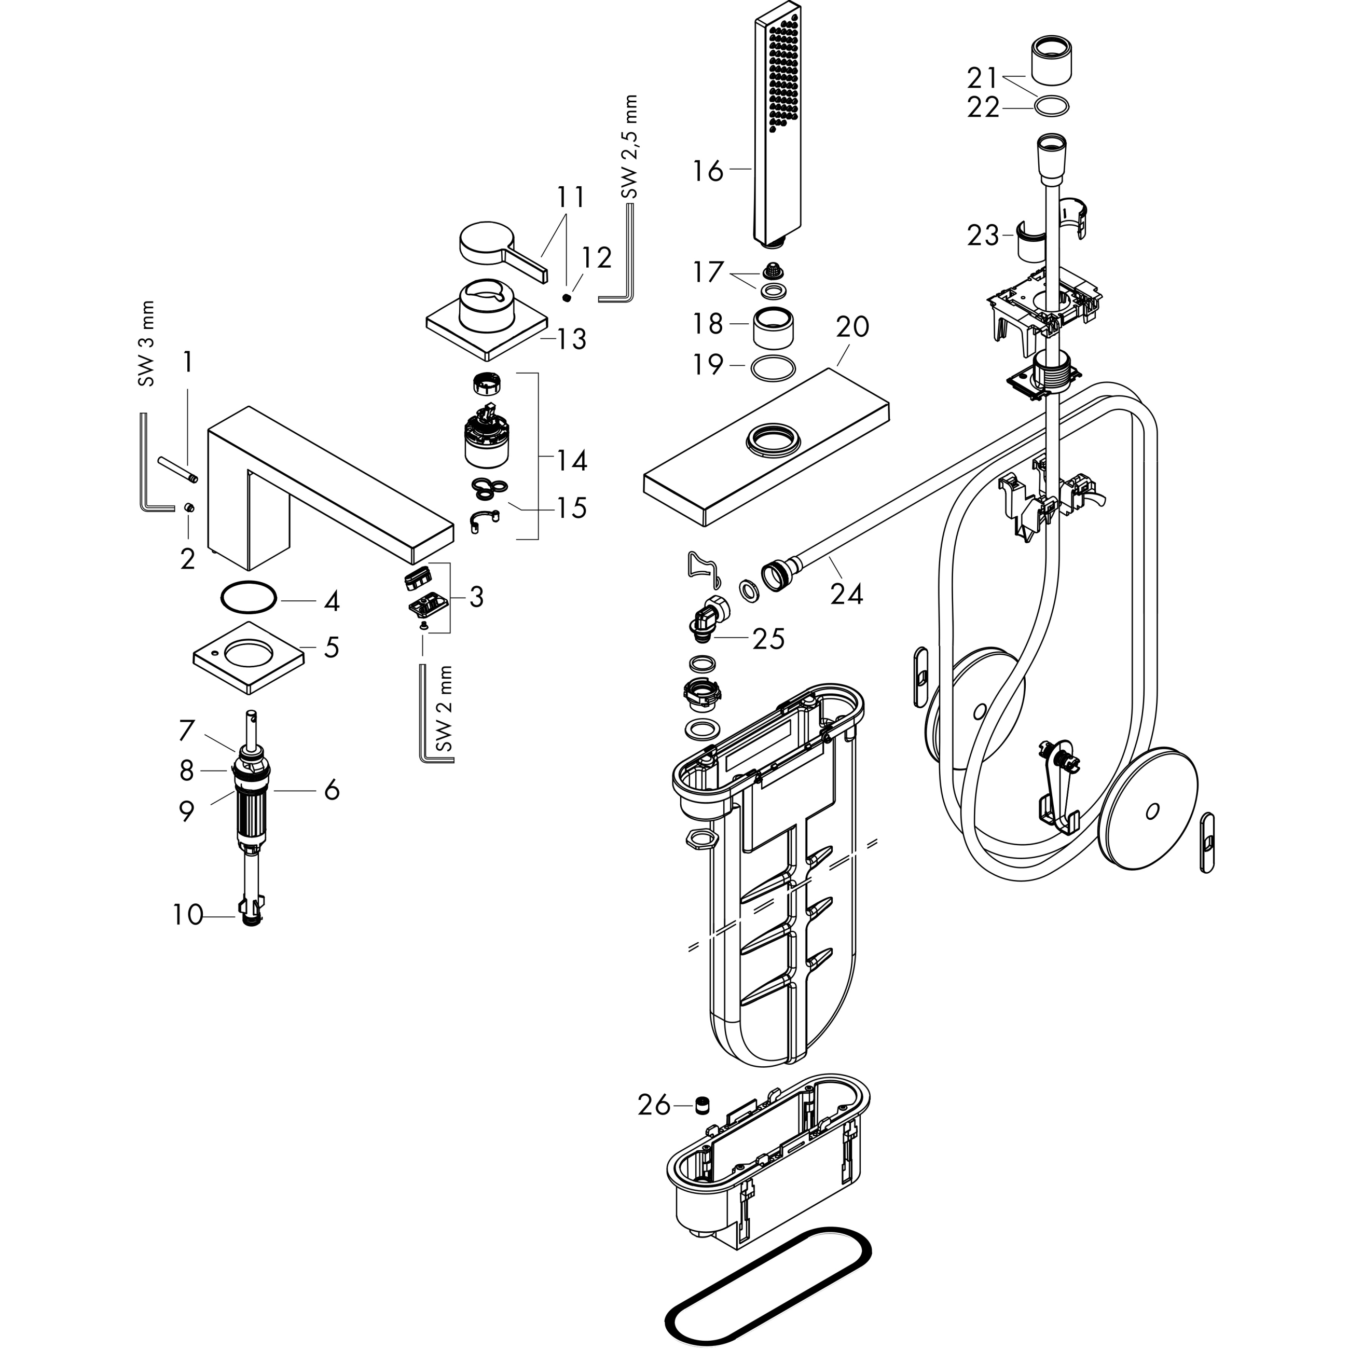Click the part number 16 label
point(707,170)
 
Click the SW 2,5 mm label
point(630,147)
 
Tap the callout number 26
point(654,1105)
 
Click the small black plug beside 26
point(703,1105)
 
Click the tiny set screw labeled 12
point(568,298)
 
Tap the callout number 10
point(187,915)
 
